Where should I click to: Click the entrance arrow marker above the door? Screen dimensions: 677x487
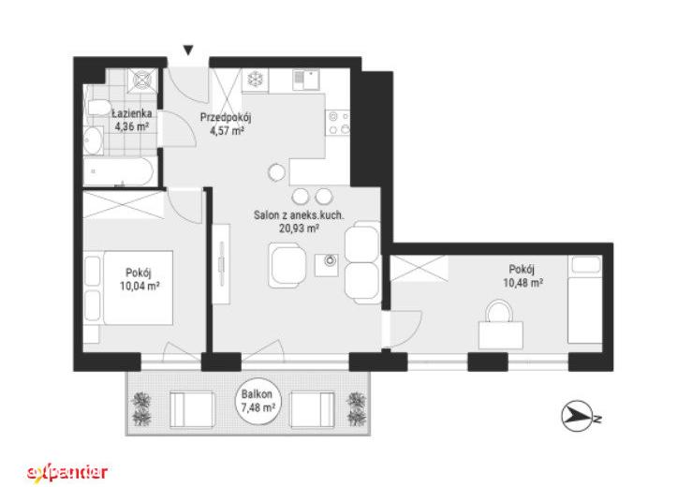(188, 51)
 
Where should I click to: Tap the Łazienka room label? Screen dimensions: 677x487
(132, 113)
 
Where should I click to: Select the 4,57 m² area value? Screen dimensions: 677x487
(227, 130)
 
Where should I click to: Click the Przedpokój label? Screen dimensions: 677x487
(226, 117)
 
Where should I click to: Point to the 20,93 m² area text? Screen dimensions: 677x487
(299, 228)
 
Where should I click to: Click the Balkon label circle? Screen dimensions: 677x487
(258, 401)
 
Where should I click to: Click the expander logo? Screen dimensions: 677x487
(67, 472)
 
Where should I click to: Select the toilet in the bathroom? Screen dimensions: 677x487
(98, 107)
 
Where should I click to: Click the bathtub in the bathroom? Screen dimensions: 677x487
(118, 171)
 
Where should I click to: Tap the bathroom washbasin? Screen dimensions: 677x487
(93, 140)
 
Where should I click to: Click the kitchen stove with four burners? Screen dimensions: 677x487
(337, 123)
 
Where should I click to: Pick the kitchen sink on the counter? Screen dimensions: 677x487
(305, 80)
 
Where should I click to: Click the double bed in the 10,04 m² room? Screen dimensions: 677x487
(138, 288)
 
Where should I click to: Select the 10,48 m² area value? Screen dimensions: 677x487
(522, 283)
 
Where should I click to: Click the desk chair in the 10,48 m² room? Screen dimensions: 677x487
(499, 311)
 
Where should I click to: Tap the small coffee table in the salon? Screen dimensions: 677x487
(327, 265)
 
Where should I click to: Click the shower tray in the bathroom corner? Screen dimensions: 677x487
(143, 81)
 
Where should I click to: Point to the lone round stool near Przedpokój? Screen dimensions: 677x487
(276, 172)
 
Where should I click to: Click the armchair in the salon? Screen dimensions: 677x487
(287, 266)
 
